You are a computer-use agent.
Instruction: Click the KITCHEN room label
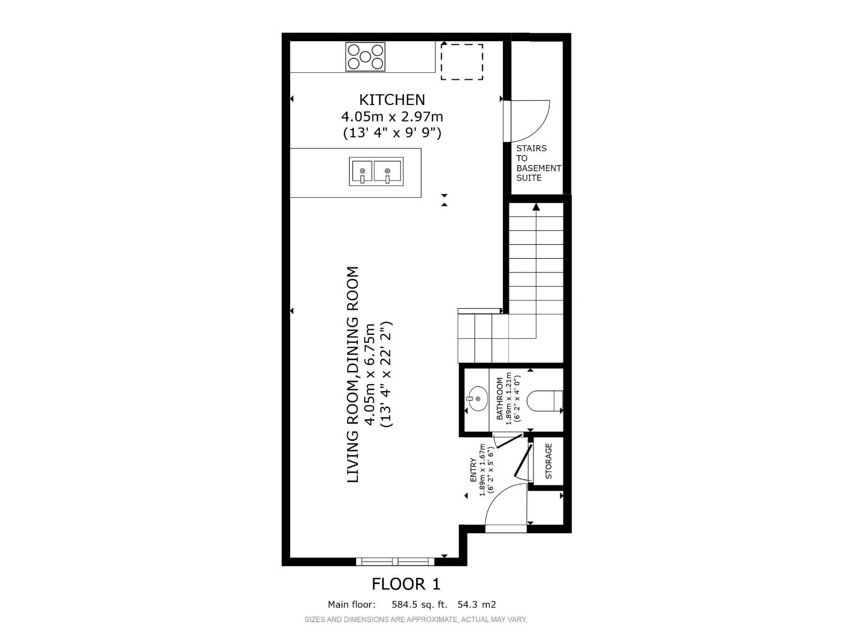tap(392, 100)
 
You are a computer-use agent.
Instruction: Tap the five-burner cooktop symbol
tap(365, 57)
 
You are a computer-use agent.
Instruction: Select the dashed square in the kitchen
tap(462, 62)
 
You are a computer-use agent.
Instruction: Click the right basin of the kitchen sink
tap(388, 171)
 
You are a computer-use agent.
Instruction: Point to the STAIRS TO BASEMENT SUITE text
tap(538, 163)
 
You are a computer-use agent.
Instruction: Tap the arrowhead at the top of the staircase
tap(536, 206)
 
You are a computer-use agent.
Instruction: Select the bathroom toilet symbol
tap(545, 401)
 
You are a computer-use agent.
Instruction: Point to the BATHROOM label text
tap(500, 399)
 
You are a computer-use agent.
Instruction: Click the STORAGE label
tap(548, 461)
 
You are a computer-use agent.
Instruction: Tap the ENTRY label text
tap(473, 470)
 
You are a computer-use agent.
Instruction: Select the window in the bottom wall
tap(396, 561)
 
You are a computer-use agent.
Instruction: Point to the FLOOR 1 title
tap(406, 584)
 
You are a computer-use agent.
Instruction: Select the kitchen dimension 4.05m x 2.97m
tap(392, 116)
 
